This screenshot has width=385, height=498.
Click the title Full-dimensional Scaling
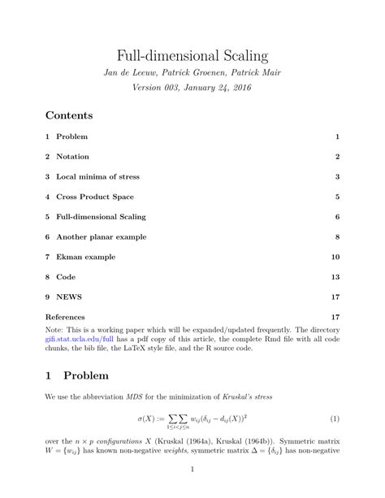pos(192,56)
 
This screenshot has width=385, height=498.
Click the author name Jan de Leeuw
pos(128,74)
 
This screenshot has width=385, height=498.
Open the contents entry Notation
pos(72,156)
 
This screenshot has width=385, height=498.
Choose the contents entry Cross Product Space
pos(94,197)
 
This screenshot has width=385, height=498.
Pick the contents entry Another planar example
pos(100,236)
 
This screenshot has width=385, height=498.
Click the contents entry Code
pos(66,276)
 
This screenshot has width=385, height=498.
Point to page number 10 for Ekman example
pos(335,257)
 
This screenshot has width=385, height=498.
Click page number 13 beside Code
pos(335,276)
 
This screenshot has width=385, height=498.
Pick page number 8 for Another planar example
pos(336,236)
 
